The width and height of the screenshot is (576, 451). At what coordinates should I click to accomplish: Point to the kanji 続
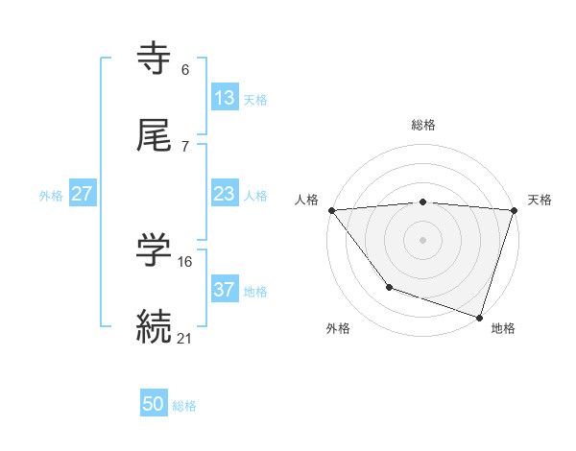(155, 325)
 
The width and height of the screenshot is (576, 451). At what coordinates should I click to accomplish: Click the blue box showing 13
(225, 98)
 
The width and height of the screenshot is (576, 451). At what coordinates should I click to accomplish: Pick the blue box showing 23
(225, 194)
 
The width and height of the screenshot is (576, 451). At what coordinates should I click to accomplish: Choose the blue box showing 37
(225, 290)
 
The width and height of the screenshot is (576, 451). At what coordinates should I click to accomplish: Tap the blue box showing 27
(83, 194)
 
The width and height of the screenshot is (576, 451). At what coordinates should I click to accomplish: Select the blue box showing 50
(154, 404)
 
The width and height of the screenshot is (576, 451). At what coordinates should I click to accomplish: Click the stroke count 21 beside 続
(185, 338)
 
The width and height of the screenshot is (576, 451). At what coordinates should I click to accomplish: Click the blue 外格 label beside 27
(51, 196)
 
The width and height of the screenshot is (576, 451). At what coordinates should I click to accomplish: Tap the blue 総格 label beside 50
(184, 406)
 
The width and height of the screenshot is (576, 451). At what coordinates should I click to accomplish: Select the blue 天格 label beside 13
(255, 100)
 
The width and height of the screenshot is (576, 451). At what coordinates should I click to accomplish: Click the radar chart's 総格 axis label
(423, 125)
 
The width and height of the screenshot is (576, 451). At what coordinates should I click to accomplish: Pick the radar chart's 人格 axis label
(307, 200)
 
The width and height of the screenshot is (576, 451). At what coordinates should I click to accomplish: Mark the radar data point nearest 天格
(514, 210)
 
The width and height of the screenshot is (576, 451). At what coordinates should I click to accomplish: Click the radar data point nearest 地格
(479, 317)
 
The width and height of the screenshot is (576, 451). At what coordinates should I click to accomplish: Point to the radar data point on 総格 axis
(423, 202)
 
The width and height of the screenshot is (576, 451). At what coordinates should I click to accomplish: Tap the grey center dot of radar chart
(423, 239)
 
